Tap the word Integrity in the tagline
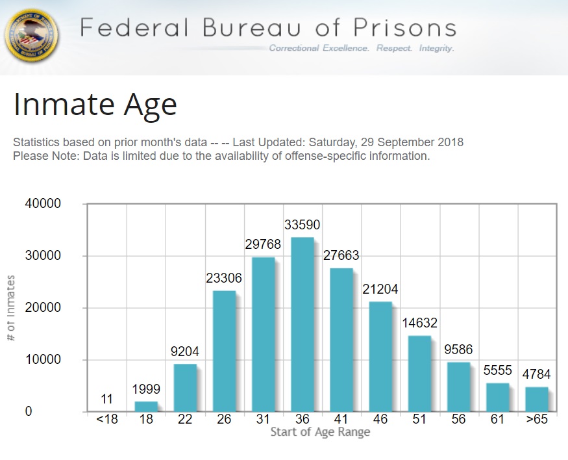pos(436,49)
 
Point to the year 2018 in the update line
pos(450,142)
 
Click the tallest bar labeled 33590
pos(303,324)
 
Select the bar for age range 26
pos(224,351)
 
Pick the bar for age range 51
pos(419,374)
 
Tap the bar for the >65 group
pos(537,399)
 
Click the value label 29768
pos(263,244)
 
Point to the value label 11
pos(107,398)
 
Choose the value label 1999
pos(146,389)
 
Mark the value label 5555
pos(497,370)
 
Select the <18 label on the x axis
pos(107,419)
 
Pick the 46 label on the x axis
pos(380,419)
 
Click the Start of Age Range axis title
pos(320,433)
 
